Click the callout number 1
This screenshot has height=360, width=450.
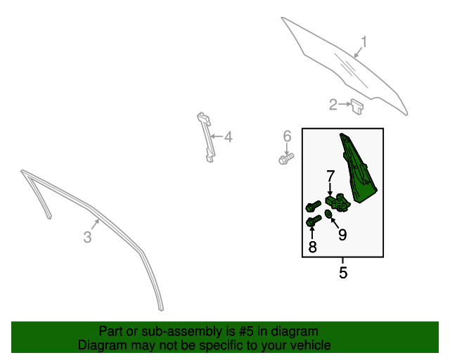coord(364,42)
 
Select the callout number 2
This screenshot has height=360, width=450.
coord(333,105)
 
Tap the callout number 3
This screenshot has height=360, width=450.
coord(87,238)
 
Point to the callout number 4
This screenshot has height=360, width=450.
coord(228,137)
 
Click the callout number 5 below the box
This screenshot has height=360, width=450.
coord(343,272)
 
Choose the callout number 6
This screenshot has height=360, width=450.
coord(287,136)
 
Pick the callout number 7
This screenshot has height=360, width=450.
coord(330,176)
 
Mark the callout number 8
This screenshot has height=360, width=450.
coord(312,247)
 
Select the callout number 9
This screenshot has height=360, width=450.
coord(342,235)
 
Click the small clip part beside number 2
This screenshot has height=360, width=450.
coord(356,106)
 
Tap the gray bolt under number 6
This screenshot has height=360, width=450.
coord(286,159)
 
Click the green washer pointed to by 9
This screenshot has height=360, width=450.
coord(328,214)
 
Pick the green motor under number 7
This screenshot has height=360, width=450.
coord(338,202)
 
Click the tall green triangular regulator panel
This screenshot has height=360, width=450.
coord(358,167)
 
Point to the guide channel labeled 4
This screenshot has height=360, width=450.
coord(206,137)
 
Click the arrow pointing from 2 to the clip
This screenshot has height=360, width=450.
coord(345,104)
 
